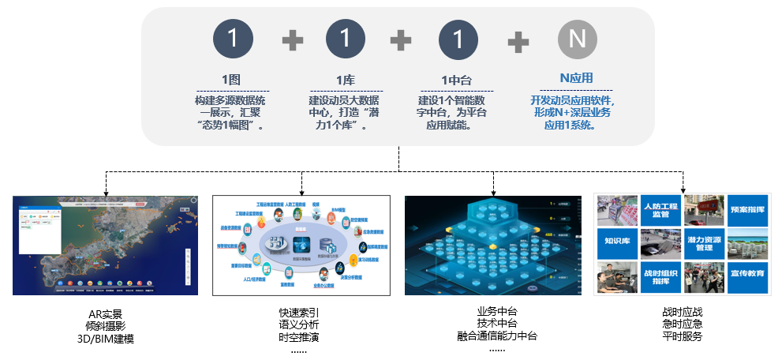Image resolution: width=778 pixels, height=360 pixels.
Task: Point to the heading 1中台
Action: pos(456,79)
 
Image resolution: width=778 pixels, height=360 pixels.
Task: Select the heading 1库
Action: pos(345,79)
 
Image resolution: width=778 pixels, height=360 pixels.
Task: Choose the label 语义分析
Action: pos(299,325)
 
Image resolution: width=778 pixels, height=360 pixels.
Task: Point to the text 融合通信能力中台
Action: pos(497,336)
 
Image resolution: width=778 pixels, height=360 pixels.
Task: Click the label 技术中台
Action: pos(497,324)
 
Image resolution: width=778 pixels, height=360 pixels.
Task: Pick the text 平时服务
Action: pos(683,337)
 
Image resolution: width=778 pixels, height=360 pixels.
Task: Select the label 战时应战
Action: pos(683,312)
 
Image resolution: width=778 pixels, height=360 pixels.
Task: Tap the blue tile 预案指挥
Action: pos(747,211)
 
